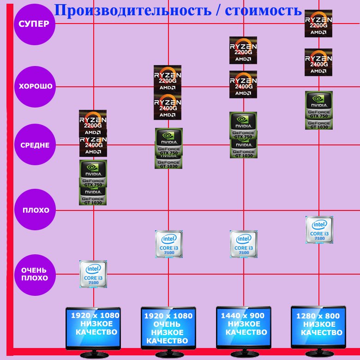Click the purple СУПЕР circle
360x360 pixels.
pos(35,24)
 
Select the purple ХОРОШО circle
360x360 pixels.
pos(35,86)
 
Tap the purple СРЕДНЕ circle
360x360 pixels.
pos(35,145)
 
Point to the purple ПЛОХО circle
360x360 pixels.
pos(35,210)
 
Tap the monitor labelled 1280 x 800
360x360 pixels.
pos(319,328)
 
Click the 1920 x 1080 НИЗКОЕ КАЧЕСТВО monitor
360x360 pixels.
pos(94,328)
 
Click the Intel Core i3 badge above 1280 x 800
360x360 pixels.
pos(319,229)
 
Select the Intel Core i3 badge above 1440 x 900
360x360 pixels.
pos(244,244)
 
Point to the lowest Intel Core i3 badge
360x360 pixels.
pos(93,274)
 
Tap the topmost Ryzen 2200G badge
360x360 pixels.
pos(318,24)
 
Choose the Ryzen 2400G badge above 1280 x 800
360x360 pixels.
pos(318,62)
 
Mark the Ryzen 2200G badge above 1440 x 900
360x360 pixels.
pos(243,50)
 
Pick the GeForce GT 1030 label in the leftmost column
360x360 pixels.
pos(93,198)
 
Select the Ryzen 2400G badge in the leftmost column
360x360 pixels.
pos(93,145)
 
